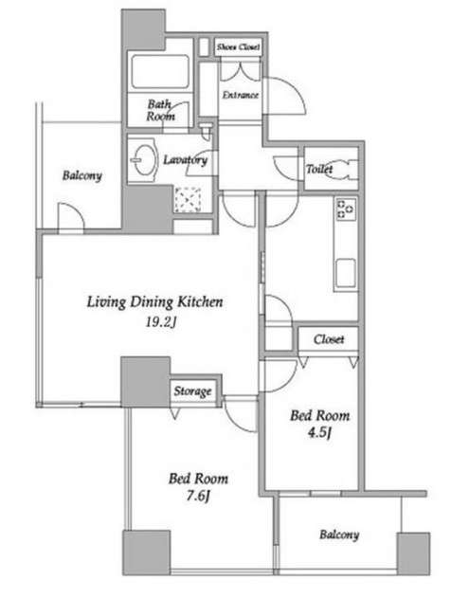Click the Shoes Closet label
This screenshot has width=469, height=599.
pyautogui.click(x=239, y=47)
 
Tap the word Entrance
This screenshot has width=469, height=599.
pyautogui.click(x=241, y=95)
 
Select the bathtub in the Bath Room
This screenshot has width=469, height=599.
pyautogui.click(x=160, y=72)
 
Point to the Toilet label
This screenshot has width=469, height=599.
pyautogui.click(x=319, y=169)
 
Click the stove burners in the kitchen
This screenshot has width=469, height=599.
pyautogui.click(x=346, y=209)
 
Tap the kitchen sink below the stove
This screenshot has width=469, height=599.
pyautogui.click(x=346, y=274)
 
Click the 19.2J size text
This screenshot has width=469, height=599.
pyautogui.click(x=161, y=323)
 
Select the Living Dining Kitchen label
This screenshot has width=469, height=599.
pyautogui.click(x=154, y=302)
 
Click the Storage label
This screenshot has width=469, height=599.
pyautogui.click(x=192, y=390)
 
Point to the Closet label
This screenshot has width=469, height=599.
pyautogui.click(x=329, y=339)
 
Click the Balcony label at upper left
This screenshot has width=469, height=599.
pyautogui.click(x=82, y=175)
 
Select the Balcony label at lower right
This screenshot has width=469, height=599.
pyautogui.click(x=339, y=535)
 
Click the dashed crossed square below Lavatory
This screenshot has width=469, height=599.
pyautogui.click(x=188, y=199)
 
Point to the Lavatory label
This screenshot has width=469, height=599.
pyautogui.click(x=186, y=159)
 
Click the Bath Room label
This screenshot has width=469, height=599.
pyautogui.click(x=161, y=110)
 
